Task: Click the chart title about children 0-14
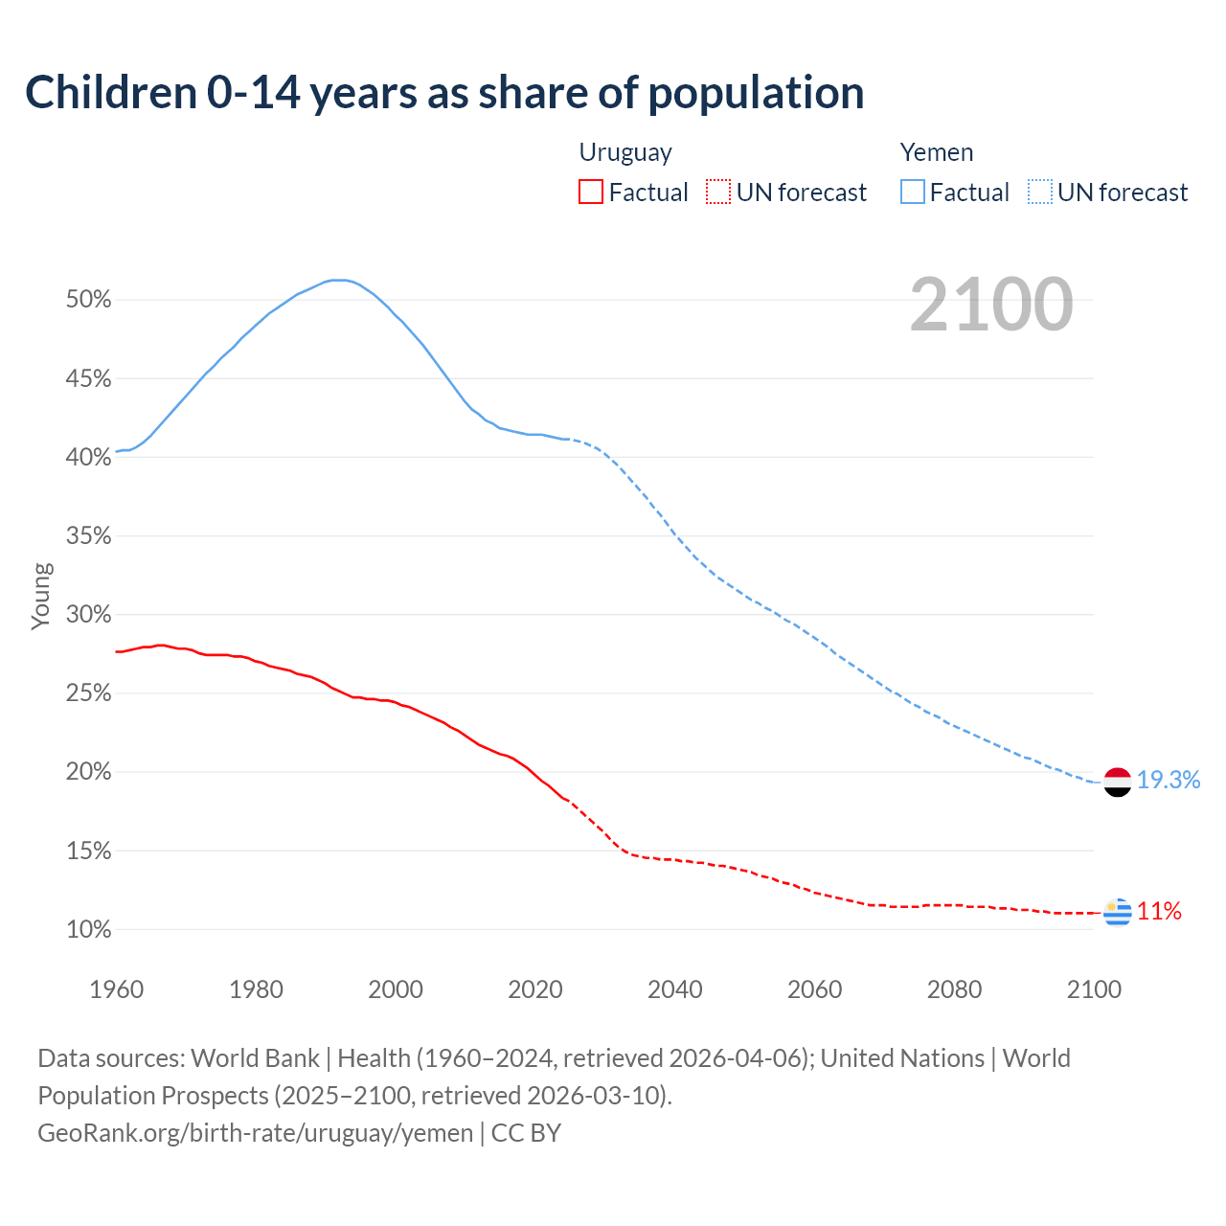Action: [x=444, y=93]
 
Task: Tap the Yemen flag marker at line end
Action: [x=1118, y=782]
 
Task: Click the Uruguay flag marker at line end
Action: [x=1118, y=913]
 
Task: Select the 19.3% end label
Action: [x=1169, y=781]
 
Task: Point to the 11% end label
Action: [x=1159, y=912]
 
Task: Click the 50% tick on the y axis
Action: [x=89, y=300]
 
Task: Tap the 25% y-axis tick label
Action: [x=89, y=693]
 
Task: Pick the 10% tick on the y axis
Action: [x=89, y=930]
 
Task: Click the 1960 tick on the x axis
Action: [x=116, y=989]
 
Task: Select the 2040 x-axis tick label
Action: [x=675, y=989]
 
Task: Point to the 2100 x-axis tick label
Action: [x=1094, y=989]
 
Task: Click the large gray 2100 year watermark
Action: [x=991, y=305]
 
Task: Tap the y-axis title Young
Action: [x=41, y=596]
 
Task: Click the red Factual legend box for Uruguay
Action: [x=591, y=193]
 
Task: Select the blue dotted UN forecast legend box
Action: [x=1040, y=193]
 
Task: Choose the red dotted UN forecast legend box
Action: [x=718, y=193]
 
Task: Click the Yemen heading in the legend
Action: [x=937, y=152]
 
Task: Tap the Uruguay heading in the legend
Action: [x=625, y=152]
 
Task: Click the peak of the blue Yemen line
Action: [x=337, y=280]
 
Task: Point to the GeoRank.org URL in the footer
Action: [x=255, y=1133]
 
